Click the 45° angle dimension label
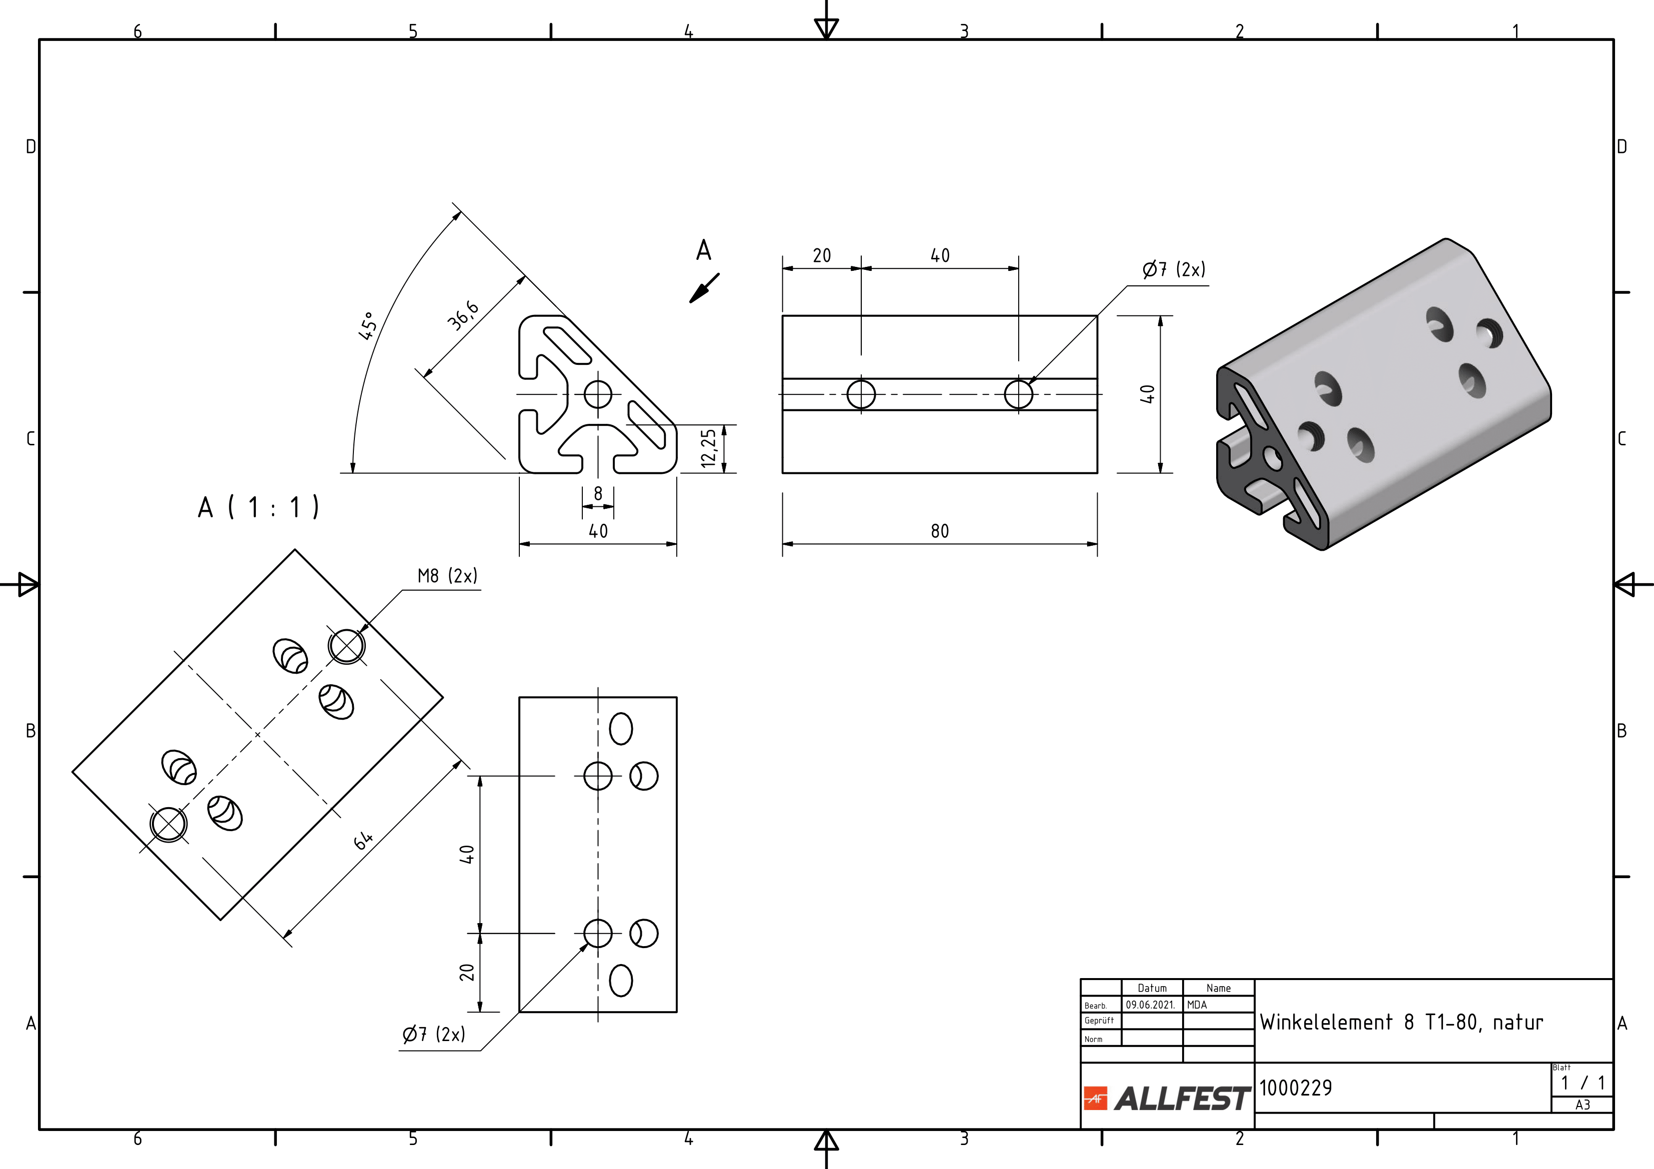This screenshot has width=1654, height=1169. (367, 325)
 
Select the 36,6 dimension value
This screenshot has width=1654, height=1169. (462, 315)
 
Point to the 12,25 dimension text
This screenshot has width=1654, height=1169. (709, 448)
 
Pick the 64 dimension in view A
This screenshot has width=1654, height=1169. (363, 840)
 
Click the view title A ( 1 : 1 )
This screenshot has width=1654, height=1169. (258, 508)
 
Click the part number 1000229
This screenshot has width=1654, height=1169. (1295, 1088)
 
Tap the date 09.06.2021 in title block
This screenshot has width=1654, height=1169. (1151, 1005)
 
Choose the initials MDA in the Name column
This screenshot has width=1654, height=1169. (1197, 1005)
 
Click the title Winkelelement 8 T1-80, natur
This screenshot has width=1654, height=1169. (1401, 1022)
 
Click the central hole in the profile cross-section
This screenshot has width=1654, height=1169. (598, 394)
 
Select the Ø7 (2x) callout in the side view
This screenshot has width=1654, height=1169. (1174, 270)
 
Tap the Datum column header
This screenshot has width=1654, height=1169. (1152, 988)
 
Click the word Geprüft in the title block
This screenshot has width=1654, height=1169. (1099, 1021)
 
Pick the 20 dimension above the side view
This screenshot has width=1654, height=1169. (822, 256)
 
